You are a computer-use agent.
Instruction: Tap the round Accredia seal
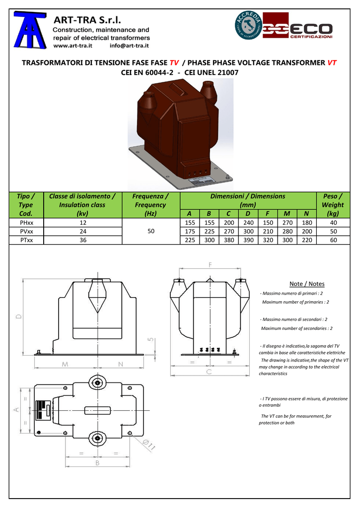(248, 25)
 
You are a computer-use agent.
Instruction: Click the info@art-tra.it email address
(129, 46)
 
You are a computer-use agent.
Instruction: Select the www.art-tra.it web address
(72, 46)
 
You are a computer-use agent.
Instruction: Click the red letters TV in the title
(174, 63)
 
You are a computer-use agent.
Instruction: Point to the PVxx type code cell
(26, 231)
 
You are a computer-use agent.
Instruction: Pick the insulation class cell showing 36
(83, 240)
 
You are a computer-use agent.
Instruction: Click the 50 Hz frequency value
(151, 231)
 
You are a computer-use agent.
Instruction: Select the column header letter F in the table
(268, 213)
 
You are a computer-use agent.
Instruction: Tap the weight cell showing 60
(333, 240)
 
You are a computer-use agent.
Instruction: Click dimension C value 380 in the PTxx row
(228, 240)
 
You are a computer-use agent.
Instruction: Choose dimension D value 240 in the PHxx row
(248, 223)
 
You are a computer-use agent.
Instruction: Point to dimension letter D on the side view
(19, 316)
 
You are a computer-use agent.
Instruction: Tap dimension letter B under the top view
(97, 463)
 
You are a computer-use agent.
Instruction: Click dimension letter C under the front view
(209, 372)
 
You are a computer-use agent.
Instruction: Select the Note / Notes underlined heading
(307, 284)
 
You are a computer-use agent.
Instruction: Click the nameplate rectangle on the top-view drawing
(43, 410)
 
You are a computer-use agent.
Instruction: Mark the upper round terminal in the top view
(97, 383)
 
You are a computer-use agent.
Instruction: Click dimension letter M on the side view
(65, 364)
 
